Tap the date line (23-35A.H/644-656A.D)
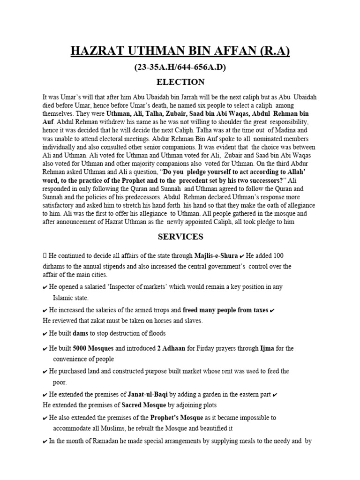pyautogui.click(x=180, y=67)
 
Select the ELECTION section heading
pyautogui.click(x=180, y=82)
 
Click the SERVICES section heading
pyautogui.click(x=180, y=237)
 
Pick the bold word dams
pyautogui.click(x=81, y=333)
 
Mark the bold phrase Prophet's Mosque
pyautogui.click(x=176, y=418)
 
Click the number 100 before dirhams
pyautogui.click(x=277, y=256)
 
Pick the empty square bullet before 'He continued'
pyautogui.click(x=45, y=256)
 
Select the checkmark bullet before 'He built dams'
pyautogui.click(x=45, y=334)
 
